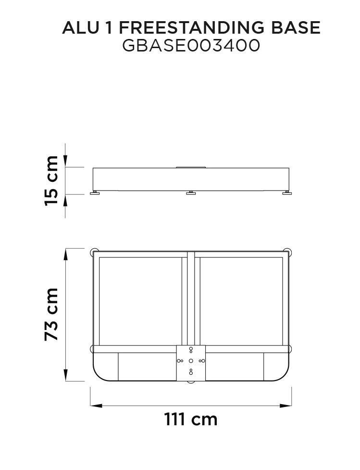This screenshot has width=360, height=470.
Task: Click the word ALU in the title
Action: tap(80, 28)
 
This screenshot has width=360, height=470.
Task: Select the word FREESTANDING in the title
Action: tap(192, 28)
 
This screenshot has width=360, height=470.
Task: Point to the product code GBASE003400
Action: tap(191, 46)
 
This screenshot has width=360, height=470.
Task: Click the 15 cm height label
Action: tap(51, 181)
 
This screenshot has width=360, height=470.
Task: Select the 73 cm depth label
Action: tap(51, 314)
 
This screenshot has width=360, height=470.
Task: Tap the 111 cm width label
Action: tap(191, 419)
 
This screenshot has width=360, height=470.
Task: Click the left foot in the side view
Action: tap(95, 193)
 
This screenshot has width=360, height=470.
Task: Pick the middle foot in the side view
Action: tap(191, 193)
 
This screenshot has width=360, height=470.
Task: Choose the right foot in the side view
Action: tap(287, 193)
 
